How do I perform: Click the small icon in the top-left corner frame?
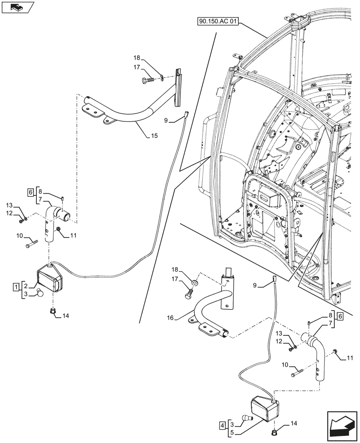(17, 7)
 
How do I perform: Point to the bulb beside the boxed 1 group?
(40, 292)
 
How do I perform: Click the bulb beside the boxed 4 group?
(247, 418)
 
